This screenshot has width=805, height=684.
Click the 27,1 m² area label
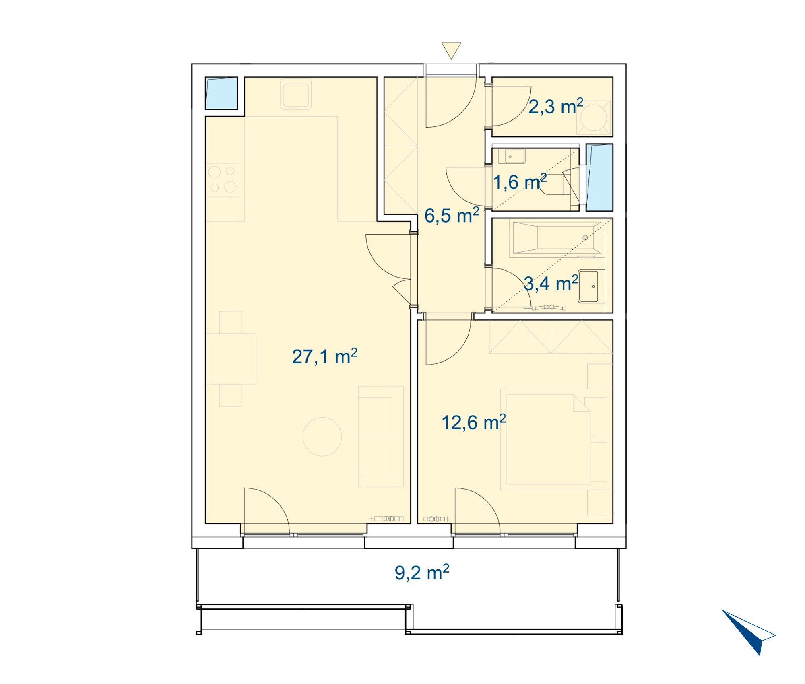324,356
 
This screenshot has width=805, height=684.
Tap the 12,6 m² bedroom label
473,422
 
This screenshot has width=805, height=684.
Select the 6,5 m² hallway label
452,216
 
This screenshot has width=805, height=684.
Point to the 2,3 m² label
556,107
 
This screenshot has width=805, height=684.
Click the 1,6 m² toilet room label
520,182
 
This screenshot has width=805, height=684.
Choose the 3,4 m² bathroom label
551,284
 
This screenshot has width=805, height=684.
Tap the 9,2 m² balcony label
422,572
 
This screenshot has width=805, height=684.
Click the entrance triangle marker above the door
451,50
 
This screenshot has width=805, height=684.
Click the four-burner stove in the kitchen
223,180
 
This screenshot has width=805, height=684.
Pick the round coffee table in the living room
322,437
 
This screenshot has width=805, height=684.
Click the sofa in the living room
381,437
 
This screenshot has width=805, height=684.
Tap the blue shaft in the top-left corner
221,93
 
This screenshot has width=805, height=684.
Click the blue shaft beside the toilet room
599,177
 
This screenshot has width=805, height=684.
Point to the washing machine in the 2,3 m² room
594,117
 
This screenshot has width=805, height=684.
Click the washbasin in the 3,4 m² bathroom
591,286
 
